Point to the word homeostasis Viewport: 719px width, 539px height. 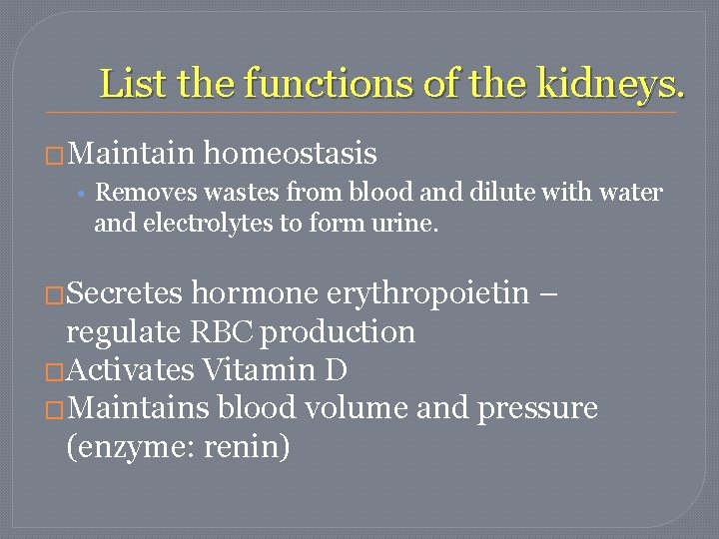point(290,154)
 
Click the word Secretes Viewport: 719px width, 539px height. point(127,293)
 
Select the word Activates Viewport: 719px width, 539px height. point(130,370)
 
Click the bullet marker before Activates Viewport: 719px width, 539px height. point(55,371)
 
